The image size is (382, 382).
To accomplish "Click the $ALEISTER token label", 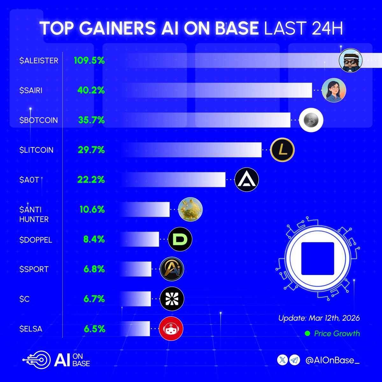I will click(39, 60).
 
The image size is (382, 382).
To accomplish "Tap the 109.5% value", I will click(89, 60).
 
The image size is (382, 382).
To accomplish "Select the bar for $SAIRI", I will click(216, 90).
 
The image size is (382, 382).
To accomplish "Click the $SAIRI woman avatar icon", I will click(334, 90).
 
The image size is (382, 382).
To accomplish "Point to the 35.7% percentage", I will click(91, 120).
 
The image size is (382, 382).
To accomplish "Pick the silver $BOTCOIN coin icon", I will click(311, 120).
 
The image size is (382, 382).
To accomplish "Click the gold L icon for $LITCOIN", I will click(282, 150).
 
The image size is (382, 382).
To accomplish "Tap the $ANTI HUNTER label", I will click(34, 214).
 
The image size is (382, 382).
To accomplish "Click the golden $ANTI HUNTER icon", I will click(190, 210).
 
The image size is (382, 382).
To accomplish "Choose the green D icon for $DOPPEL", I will click(180, 239).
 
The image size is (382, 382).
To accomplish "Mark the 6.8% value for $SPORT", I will click(94, 269).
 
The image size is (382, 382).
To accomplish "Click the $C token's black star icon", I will click(172, 299).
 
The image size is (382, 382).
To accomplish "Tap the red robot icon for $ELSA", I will click(171, 329).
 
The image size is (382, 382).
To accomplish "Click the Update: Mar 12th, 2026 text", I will click(319, 318).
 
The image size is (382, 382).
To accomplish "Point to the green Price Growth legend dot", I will click(308, 334).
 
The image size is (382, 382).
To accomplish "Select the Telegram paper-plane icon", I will click(295, 360).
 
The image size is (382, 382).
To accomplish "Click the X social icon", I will click(283, 360).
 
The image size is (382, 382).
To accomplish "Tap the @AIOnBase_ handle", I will click(332, 360).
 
